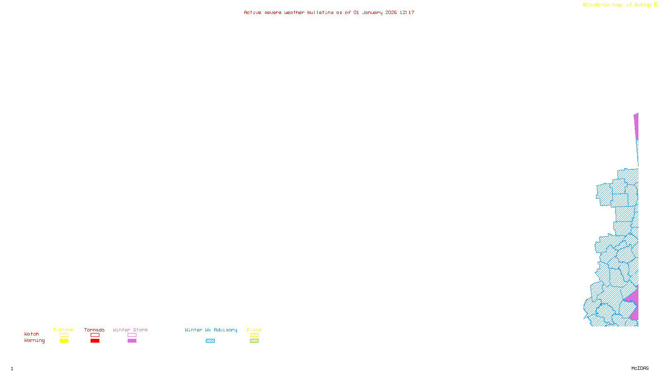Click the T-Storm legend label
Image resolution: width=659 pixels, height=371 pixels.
pyautogui.click(x=63, y=330)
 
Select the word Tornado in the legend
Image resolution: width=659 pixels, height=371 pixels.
pyautogui.click(x=94, y=330)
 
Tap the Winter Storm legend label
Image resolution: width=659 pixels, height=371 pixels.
pyautogui.click(x=130, y=330)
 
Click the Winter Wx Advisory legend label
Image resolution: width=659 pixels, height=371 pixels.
pyautogui.click(x=211, y=330)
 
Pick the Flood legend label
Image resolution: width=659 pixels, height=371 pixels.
pyautogui.click(x=254, y=330)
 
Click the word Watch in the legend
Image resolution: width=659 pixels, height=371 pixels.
pyautogui.click(x=32, y=334)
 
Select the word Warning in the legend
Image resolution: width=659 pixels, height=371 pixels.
pyautogui.click(x=35, y=340)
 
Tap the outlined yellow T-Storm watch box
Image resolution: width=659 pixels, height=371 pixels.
pyautogui.click(x=64, y=335)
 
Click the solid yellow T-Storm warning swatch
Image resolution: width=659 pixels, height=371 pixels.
pyautogui.click(x=64, y=341)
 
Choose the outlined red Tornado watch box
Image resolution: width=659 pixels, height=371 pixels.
pyautogui.click(x=95, y=335)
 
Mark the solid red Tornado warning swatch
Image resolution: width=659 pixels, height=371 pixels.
pyautogui.click(x=95, y=341)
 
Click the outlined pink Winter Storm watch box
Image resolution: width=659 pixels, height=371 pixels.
pyautogui.click(x=132, y=335)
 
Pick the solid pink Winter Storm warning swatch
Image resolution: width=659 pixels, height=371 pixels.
pyautogui.click(x=132, y=341)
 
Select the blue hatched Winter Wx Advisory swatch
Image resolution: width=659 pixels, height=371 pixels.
pyautogui.click(x=210, y=341)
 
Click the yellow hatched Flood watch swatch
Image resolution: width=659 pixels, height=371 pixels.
pyautogui.click(x=254, y=335)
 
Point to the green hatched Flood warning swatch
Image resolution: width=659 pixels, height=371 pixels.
pyautogui.click(x=254, y=341)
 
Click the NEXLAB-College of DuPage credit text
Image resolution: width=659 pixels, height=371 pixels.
pyautogui.click(x=617, y=5)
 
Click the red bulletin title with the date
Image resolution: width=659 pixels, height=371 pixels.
pyautogui.click(x=329, y=12)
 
